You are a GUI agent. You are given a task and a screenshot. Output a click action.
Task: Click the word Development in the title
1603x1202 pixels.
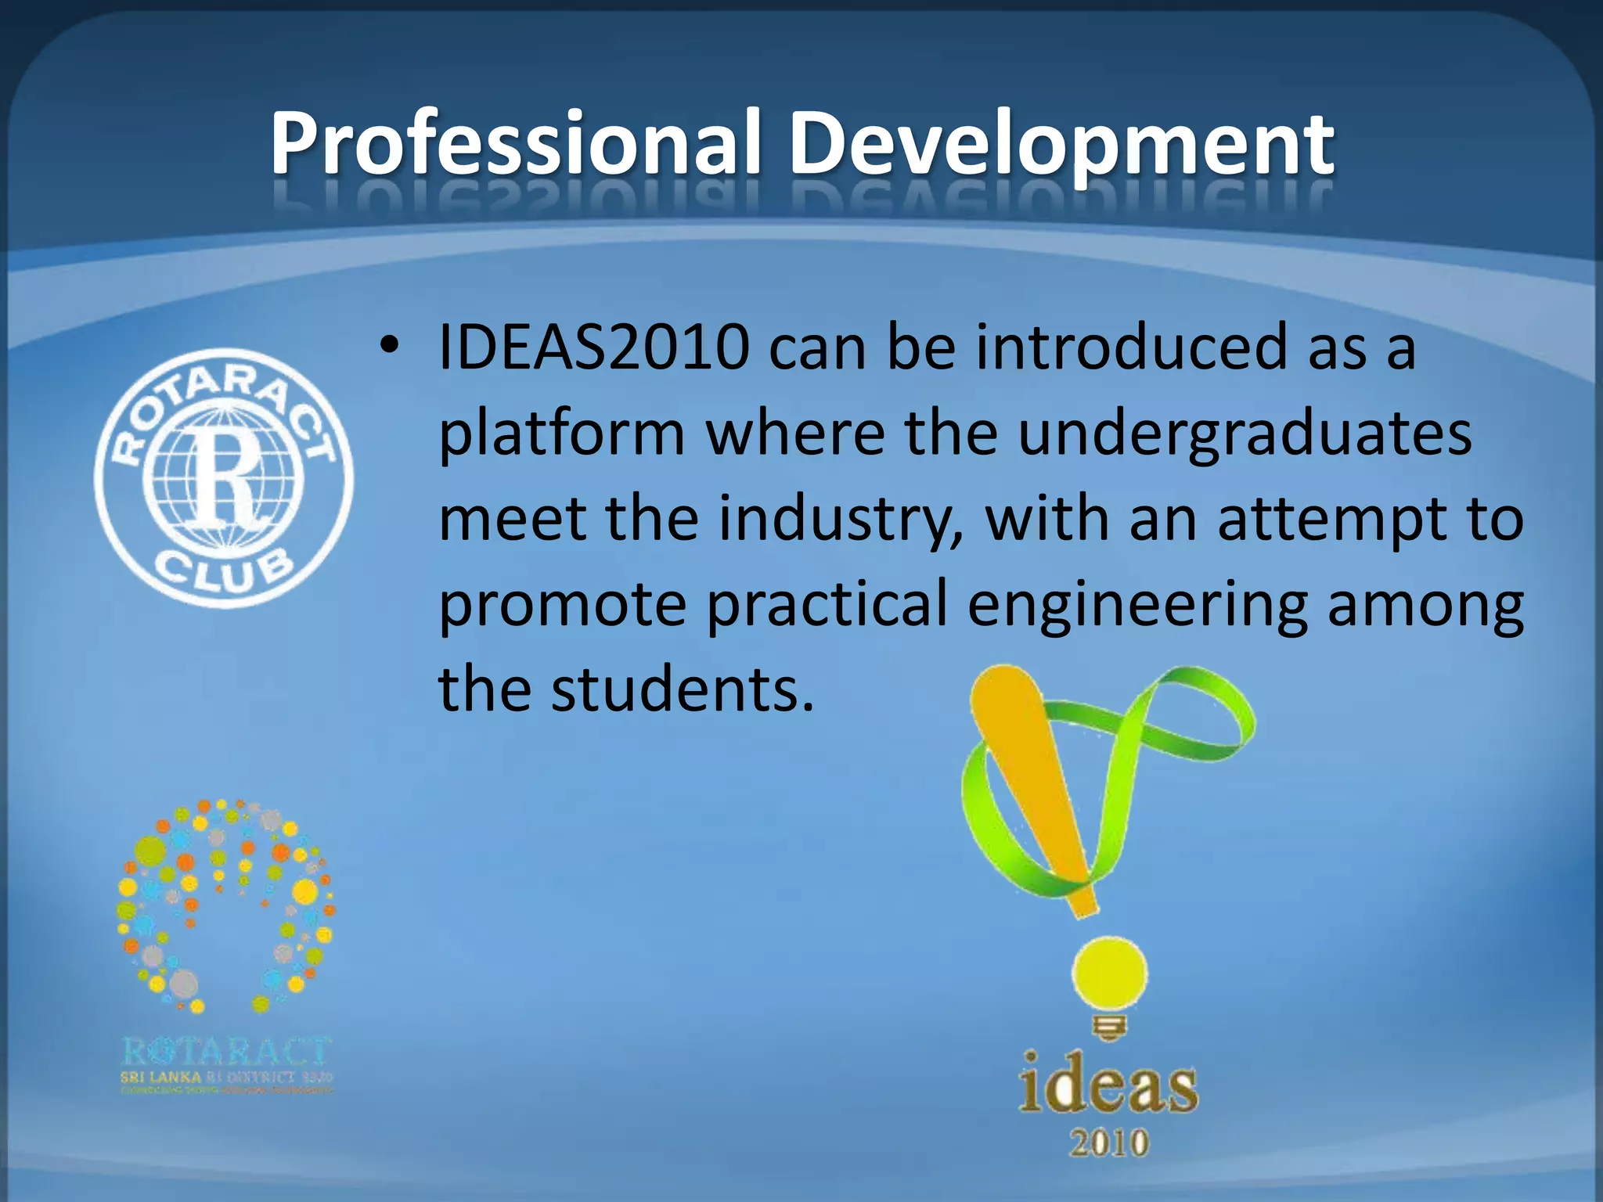click(1061, 145)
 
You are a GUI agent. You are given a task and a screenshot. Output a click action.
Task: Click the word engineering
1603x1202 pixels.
click(1137, 605)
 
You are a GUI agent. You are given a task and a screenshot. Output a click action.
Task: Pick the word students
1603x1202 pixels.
click(682, 689)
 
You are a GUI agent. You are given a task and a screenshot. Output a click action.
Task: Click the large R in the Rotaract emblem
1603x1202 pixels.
click(225, 477)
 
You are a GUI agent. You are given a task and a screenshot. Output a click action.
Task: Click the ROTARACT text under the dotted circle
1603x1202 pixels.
click(227, 1051)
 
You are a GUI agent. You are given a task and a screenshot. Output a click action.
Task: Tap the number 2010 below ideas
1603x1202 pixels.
click(1109, 1143)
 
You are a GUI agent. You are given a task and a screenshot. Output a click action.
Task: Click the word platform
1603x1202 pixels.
click(561, 434)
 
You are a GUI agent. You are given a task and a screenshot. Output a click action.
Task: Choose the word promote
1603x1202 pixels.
click(561, 605)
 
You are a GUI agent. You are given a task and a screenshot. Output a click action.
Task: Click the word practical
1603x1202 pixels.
click(827, 605)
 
